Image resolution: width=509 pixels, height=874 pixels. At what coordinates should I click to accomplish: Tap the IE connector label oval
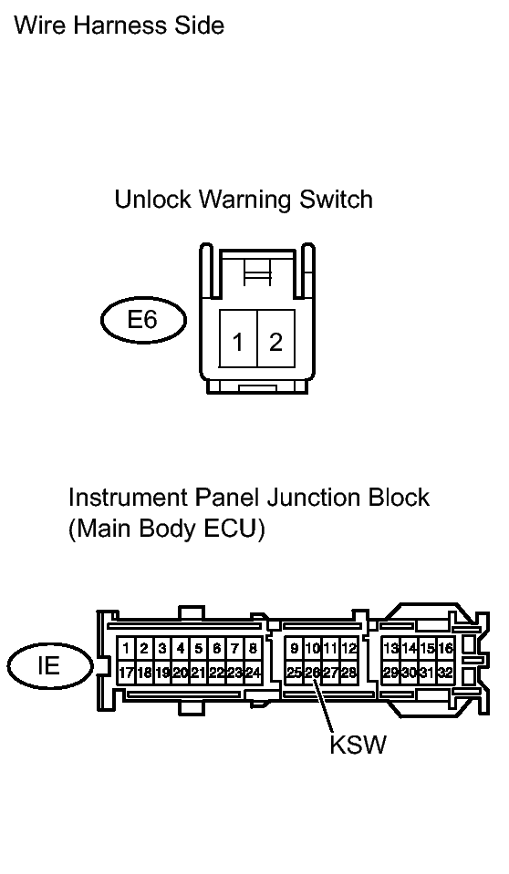coord(49,665)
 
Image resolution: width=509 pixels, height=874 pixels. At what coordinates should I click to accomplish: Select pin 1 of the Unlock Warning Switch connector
coord(238,338)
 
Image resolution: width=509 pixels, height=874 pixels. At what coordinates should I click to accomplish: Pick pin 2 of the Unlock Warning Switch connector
coord(275,338)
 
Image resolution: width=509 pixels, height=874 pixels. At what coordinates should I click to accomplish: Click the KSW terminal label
coord(358,744)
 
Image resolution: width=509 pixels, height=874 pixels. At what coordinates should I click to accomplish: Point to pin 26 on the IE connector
coord(313,673)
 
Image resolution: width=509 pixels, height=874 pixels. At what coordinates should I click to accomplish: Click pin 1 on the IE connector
coord(126,649)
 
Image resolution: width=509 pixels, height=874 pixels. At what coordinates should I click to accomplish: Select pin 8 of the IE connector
coord(253,649)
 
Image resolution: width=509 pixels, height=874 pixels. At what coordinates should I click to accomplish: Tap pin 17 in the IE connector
coord(126,673)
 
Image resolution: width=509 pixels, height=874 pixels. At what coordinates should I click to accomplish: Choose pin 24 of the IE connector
coord(253,673)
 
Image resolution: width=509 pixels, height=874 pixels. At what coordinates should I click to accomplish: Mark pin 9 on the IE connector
coord(294,649)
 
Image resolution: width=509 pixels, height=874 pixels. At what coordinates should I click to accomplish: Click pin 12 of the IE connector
coord(348,649)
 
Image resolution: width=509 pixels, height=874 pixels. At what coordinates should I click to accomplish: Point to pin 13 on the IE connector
coord(390,649)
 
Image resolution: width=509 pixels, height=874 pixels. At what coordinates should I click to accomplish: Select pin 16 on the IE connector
coord(445,649)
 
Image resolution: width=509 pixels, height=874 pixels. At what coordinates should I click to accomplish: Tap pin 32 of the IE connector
coord(445,673)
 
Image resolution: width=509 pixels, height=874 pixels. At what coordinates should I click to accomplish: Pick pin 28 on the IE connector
coord(348,673)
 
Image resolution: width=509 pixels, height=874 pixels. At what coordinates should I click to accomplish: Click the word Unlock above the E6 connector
coord(152,200)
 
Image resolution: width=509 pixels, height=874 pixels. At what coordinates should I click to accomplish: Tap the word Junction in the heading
coord(314,498)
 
